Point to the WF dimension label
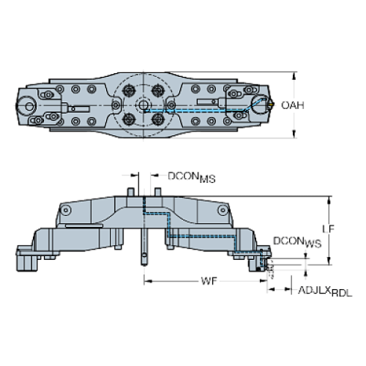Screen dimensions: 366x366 210,282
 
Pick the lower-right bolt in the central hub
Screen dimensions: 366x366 158,119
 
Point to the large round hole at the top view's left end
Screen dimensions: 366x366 28,101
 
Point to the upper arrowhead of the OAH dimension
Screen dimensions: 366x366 294,75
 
